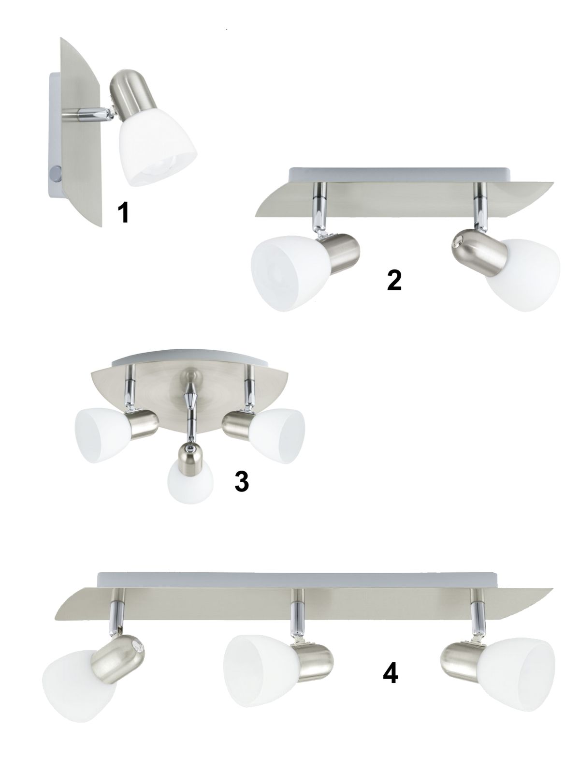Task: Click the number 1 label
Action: [124, 213]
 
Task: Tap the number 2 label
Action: [394, 281]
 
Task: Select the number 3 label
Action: [242, 481]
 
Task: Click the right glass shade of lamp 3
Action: [277, 435]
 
